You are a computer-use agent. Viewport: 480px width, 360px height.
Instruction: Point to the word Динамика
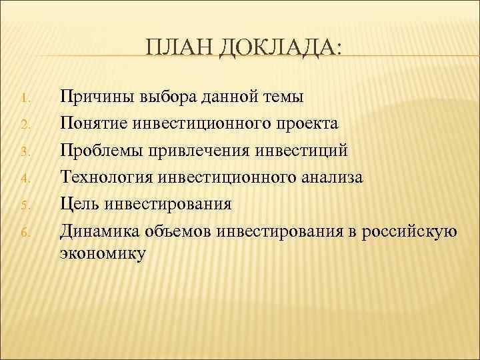click(98, 231)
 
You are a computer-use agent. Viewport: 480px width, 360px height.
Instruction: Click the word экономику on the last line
click(101, 254)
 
